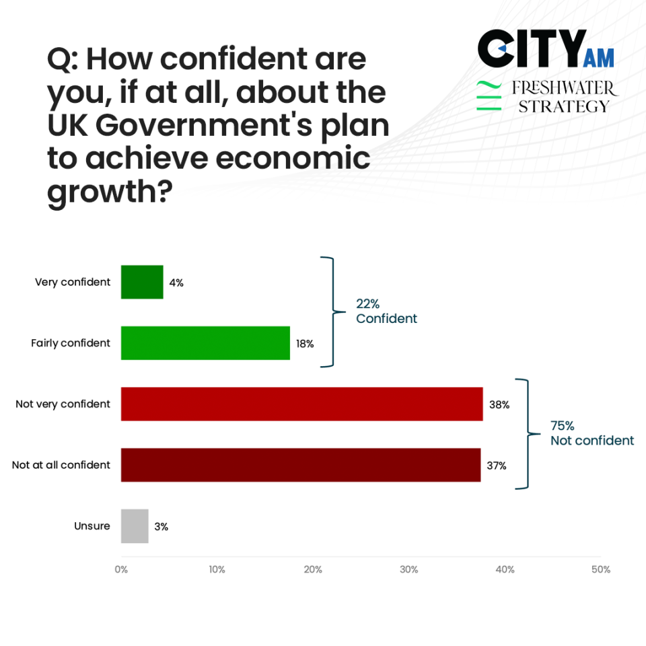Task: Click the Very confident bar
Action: tap(142, 282)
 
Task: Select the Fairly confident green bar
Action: tap(205, 343)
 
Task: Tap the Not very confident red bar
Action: tap(301, 404)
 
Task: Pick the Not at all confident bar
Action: tap(301, 465)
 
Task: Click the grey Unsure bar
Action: tap(135, 526)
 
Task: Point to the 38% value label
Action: tap(499, 405)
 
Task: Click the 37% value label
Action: tap(497, 466)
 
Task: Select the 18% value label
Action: tap(305, 344)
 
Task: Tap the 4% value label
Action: tap(176, 283)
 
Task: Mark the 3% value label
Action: tap(161, 527)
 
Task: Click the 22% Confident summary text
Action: tap(386, 312)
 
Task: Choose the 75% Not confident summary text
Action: tap(591, 433)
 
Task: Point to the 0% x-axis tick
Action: tap(121, 569)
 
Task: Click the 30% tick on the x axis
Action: tap(409, 569)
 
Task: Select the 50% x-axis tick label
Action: tap(601, 569)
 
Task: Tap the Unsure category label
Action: tap(92, 526)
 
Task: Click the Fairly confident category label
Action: tap(71, 343)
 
